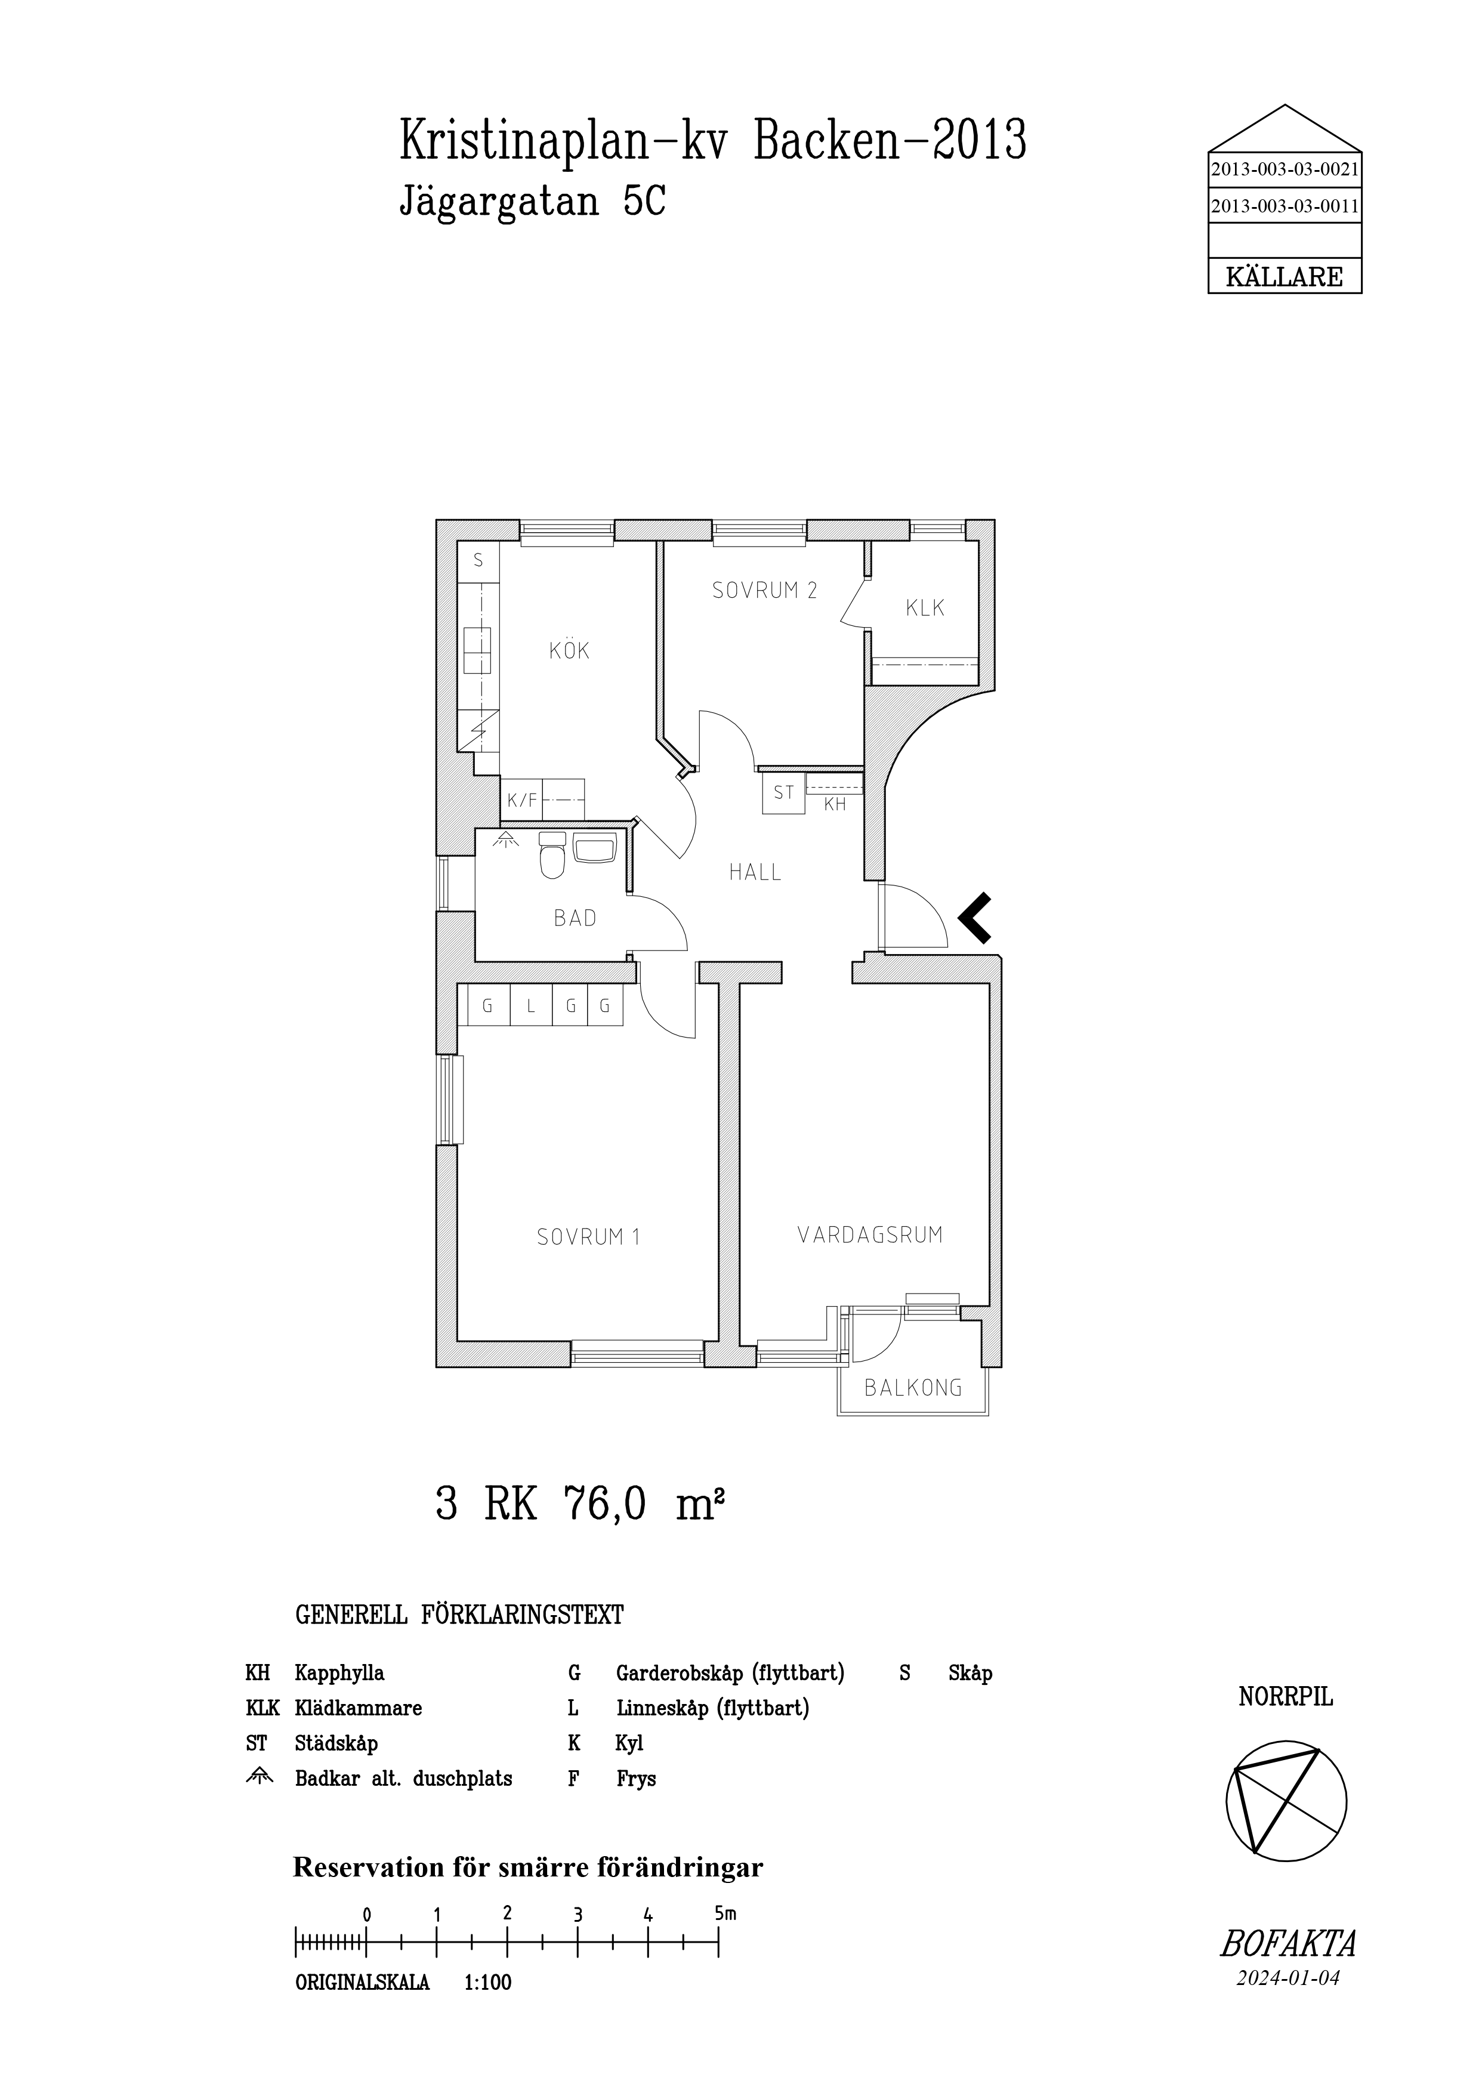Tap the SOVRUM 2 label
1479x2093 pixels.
[765, 590]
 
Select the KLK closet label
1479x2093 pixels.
[925, 608]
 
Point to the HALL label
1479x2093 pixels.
[755, 872]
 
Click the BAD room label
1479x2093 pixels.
[575, 918]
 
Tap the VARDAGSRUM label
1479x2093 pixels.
[870, 1235]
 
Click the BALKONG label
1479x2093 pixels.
[913, 1388]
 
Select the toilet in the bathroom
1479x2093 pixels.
[552, 854]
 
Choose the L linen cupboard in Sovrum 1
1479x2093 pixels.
[530, 1007]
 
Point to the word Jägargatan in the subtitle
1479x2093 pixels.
[499, 202]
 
